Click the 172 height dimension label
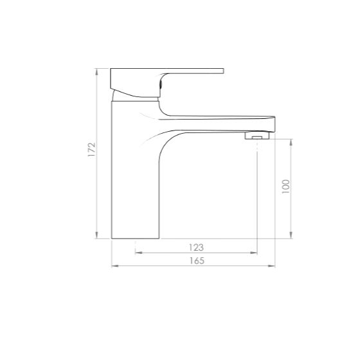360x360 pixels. click(x=91, y=150)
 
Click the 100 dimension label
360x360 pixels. click(x=286, y=186)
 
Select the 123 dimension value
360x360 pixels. click(x=196, y=248)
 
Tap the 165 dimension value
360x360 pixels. click(x=197, y=261)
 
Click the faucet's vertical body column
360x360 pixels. click(x=135, y=170)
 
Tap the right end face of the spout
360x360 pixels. click(x=274, y=124)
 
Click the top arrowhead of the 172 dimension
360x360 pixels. click(x=96, y=71)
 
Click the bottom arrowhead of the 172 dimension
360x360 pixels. click(x=96, y=235)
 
